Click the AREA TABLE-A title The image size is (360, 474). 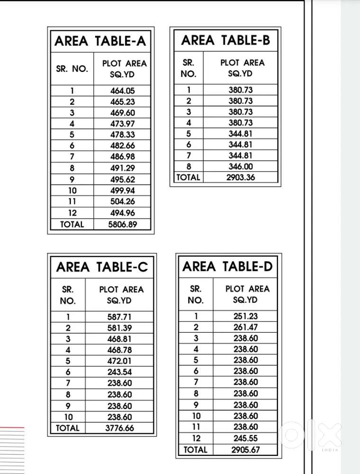coord(100,41)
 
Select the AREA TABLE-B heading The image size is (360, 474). coord(225,40)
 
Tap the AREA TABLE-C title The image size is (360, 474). coord(102,267)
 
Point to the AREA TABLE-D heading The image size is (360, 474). coord(228,266)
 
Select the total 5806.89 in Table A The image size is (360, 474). coord(123,224)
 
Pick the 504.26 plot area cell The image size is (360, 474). coord(123,202)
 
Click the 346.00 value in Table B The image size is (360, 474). coord(241,166)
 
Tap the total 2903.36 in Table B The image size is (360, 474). coord(241,178)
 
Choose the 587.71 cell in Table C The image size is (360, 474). coord(119,317)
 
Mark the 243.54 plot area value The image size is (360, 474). coord(119,372)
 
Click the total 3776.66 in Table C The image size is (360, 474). coord(119,428)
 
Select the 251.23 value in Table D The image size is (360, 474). coord(246,316)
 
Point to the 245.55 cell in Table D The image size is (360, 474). coord(246,438)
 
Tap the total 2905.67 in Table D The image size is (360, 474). coord(246,450)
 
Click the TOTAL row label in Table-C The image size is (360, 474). coord(68,428)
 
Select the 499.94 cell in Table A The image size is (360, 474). coord(123,191)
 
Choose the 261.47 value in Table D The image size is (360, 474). coord(246,327)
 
